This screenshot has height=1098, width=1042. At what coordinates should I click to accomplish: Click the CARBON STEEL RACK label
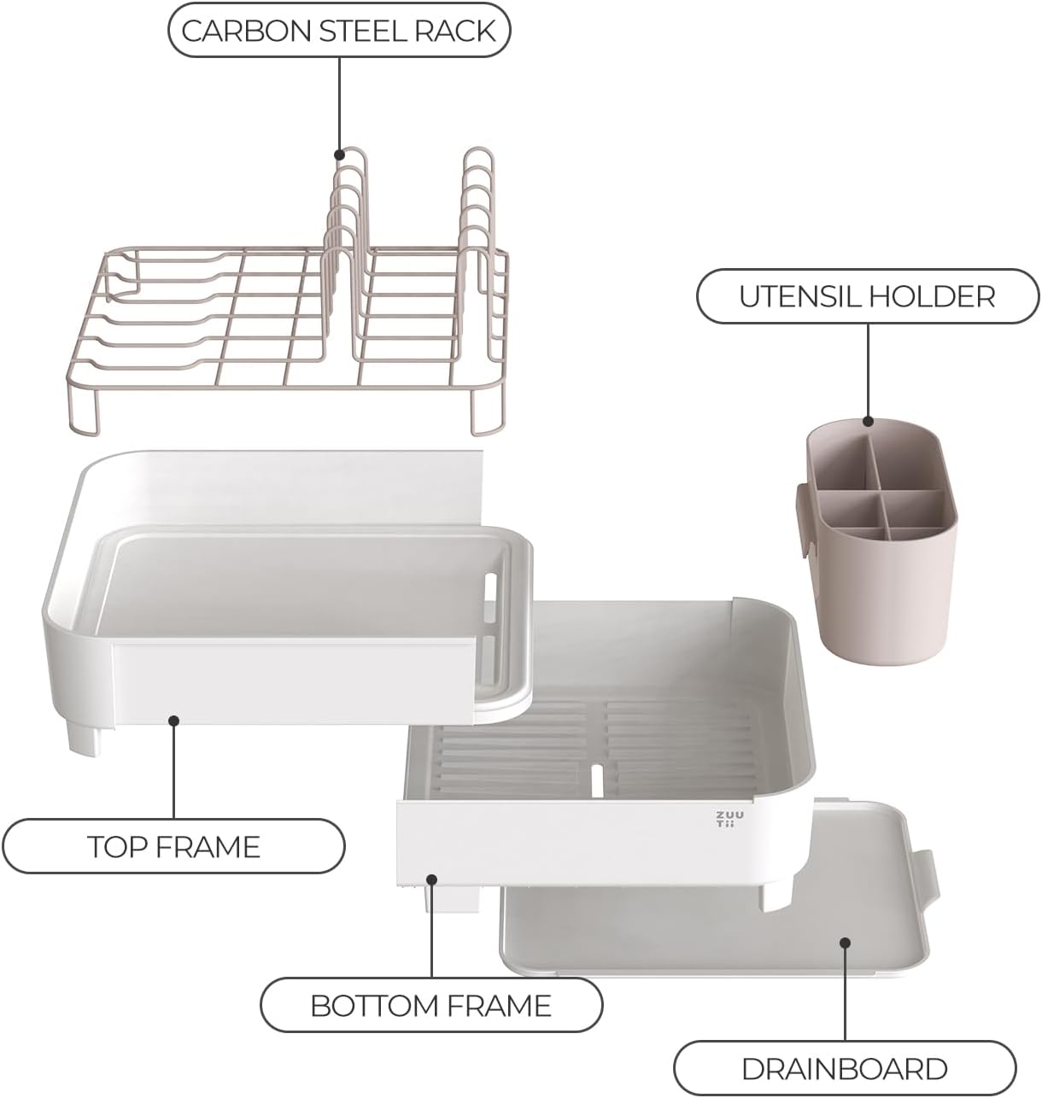point(338,31)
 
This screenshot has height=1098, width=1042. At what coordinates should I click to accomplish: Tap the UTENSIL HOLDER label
point(867,296)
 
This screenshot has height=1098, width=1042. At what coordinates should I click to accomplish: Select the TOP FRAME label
point(173,846)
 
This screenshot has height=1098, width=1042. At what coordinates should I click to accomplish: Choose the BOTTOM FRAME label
point(430,1005)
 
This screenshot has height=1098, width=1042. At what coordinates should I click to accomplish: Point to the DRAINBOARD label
point(844,1068)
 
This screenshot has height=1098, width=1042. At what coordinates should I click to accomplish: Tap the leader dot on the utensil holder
point(868,421)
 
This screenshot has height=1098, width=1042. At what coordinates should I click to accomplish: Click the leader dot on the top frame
point(173,721)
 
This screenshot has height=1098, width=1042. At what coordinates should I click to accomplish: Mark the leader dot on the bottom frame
point(432,879)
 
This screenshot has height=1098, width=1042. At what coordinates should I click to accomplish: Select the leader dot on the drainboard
point(845,943)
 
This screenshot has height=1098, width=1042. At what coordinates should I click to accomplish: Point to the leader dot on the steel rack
point(339,155)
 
